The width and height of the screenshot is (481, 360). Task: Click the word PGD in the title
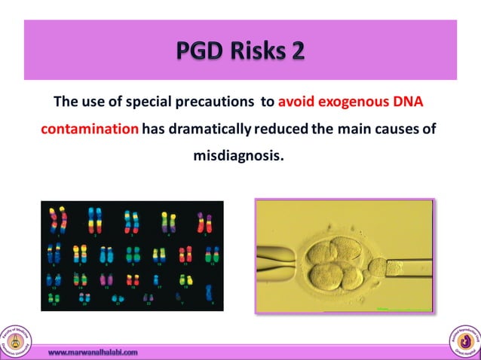tap(200, 50)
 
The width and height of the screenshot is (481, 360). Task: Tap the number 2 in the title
tap(296, 50)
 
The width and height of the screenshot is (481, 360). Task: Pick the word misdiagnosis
tap(240, 157)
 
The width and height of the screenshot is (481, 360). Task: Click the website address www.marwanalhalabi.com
tap(93, 352)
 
